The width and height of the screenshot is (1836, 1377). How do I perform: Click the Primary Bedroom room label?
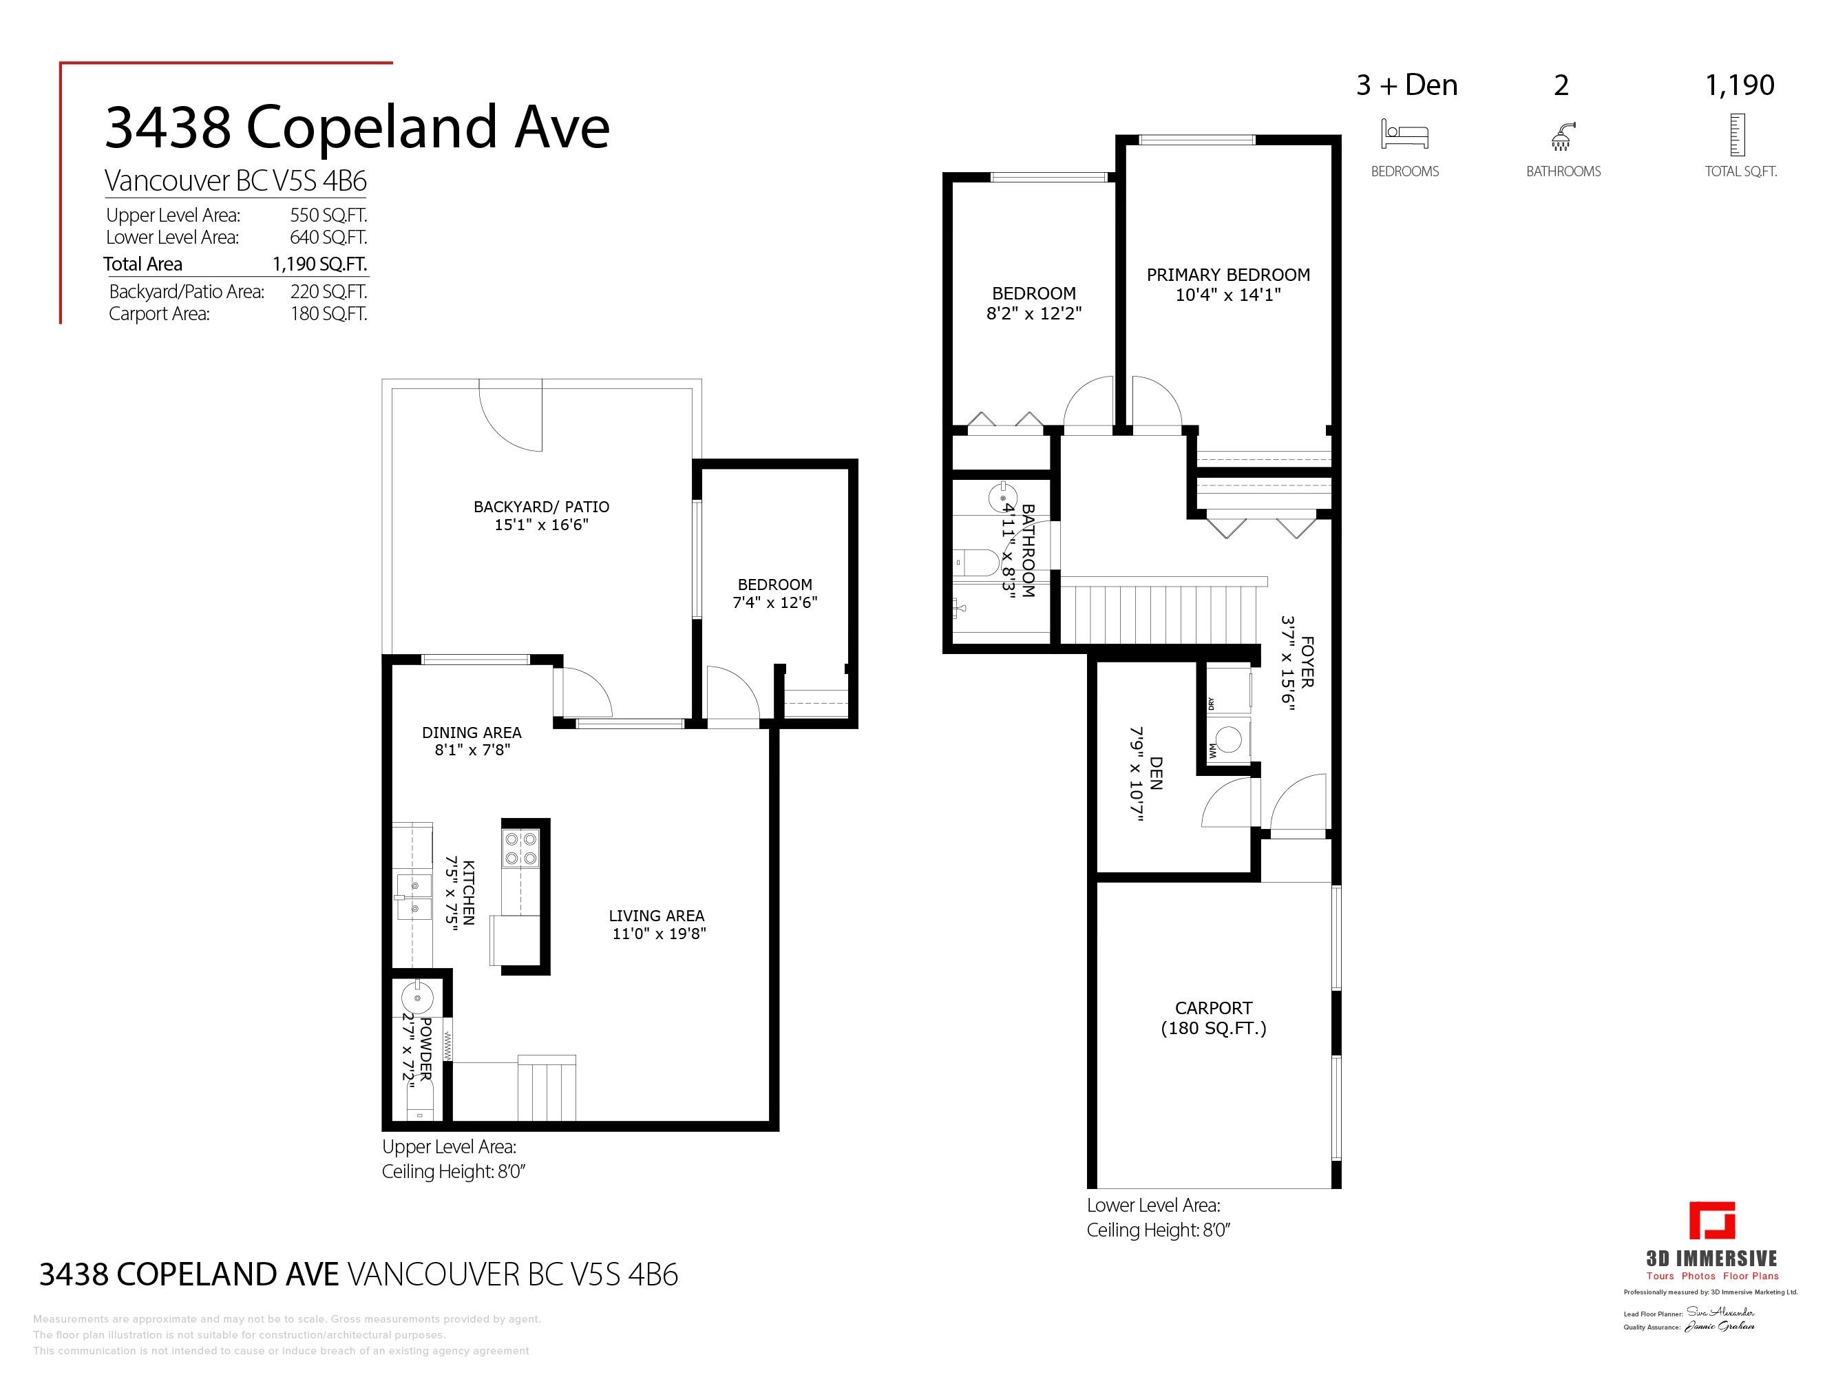pyautogui.click(x=1227, y=275)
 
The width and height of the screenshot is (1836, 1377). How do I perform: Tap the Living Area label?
pyautogui.click(x=655, y=916)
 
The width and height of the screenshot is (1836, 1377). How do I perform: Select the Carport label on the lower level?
pyautogui.click(x=1213, y=1009)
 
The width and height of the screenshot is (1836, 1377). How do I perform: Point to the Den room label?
pyautogui.click(x=1155, y=772)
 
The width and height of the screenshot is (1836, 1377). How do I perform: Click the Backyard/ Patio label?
pyautogui.click(x=541, y=506)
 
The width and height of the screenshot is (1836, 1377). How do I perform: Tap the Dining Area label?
pyautogui.click(x=472, y=732)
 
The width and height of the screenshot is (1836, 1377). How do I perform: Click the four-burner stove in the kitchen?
pyautogui.click(x=520, y=849)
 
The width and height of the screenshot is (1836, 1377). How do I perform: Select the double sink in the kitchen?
pyautogui.click(x=413, y=897)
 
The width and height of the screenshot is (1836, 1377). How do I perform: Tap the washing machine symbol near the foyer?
pyautogui.click(x=1227, y=739)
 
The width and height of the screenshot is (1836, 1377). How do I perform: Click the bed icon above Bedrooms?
pyautogui.click(x=1404, y=134)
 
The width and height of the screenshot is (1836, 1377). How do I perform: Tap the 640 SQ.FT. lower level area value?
pyautogui.click(x=328, y=238)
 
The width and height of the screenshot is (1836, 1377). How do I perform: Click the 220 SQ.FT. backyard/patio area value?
pyautogui.click(x=328, y=291)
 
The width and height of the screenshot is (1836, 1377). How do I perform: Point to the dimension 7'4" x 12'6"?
pyautogui.click(x=774, y=602)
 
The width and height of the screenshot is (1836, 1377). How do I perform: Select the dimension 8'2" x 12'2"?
pyautogui.click(x=1033, y=314)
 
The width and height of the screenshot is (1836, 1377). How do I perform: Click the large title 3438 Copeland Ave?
pyautogui.click(x=357, y=128)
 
